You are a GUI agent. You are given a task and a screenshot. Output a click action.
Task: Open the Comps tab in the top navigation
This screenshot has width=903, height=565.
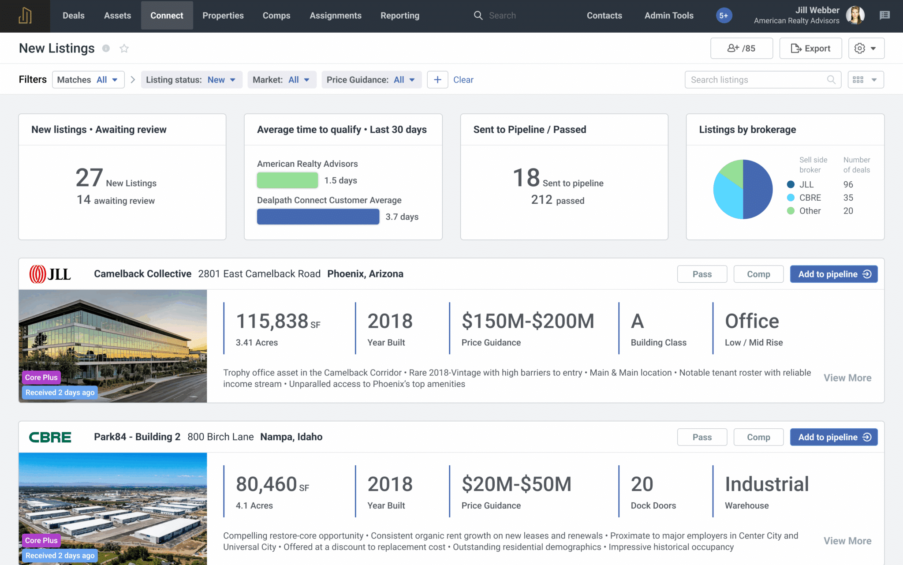click(x=276, y=15)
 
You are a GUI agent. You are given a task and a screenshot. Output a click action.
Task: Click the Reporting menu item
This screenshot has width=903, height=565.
click(x=400, y=15)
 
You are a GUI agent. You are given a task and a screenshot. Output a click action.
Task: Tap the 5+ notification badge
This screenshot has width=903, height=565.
click(x=724, y=15)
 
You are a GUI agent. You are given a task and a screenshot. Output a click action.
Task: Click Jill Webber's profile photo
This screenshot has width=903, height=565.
click(x=855, y=15)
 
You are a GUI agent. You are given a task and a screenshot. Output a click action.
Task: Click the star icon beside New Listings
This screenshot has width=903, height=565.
click(x=124, y=49)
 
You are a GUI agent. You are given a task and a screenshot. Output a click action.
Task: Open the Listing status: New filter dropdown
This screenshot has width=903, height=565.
click(x=191, y=80)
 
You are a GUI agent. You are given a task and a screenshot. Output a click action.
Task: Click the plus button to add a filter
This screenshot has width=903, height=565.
click(x=437, y=80)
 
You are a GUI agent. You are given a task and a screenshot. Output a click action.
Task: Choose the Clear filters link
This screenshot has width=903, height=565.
click(x=463, y=80)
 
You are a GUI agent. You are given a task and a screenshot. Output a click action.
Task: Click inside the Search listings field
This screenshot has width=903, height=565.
click(x=756, y=80)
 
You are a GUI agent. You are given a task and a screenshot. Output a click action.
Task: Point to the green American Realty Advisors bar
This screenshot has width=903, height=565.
click(x=287, y=180)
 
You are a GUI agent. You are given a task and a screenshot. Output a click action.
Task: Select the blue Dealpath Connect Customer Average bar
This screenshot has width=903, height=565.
click(x=318, y=217)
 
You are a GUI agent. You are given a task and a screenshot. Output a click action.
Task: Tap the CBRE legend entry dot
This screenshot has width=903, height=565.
click(x=791, y=198)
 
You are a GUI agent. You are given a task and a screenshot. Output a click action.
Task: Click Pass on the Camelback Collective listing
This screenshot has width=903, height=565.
click(x=702, y=274)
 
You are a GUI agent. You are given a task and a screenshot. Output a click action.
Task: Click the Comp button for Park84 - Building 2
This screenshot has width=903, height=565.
click(x=758, y=437)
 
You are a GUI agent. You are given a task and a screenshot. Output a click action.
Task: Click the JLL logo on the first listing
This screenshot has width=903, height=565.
click(x=50, y=274)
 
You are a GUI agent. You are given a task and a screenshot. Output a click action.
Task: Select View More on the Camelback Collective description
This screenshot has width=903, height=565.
click(x=847, y=378)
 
